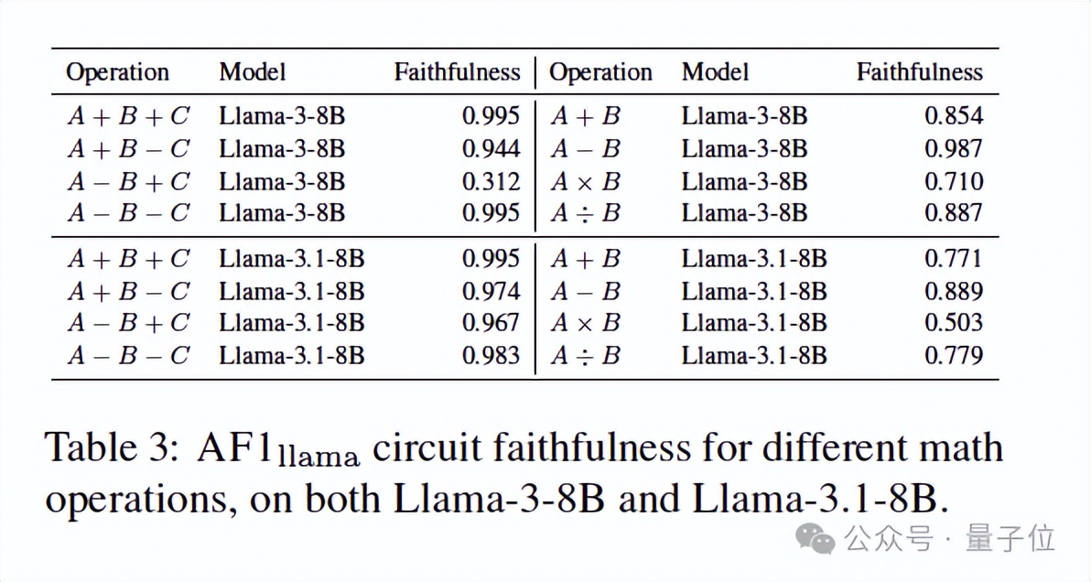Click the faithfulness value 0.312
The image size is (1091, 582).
[491, 181]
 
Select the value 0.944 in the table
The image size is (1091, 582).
[491, 148]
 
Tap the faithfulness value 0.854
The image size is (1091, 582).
[954, 115]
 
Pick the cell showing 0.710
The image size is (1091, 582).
[954, 181]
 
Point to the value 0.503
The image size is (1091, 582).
[954, 322]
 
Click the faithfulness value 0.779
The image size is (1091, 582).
[954, 355]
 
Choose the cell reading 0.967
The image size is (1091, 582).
[491, 322]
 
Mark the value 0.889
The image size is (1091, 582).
[954, 291]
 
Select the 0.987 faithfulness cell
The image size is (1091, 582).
[954, 148]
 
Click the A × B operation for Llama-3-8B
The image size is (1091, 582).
[586, 181]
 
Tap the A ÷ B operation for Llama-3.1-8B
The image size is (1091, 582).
[586, 355]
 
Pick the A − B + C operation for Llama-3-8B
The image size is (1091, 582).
[128, 181]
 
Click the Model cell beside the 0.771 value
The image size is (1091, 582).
[754, 259]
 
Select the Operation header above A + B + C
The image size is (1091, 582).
[117, 72]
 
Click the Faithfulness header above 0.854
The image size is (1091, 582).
[919, 72]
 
